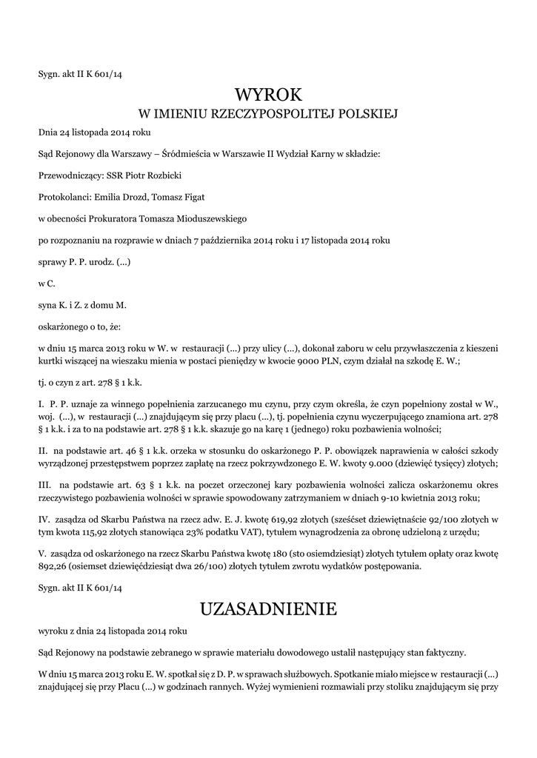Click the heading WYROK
[269, 95]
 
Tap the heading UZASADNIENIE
[269, 609]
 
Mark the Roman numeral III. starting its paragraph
[44, 483]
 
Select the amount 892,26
[54, 566]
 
